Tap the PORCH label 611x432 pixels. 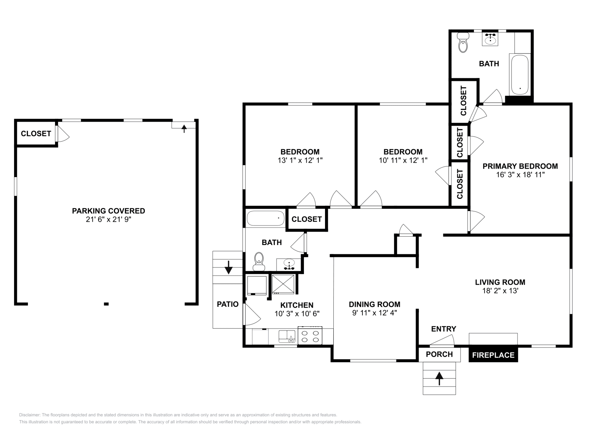tap(439, 354)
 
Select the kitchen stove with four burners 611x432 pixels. tap(310, 335)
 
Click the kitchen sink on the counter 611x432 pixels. tap(287, 336)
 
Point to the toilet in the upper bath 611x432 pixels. tap(463, 42)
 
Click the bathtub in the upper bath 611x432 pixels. tap(520, 75)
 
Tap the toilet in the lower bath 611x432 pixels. tap(259, 262)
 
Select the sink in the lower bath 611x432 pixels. tap(289, 264)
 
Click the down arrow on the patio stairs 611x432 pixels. tap(228, 268)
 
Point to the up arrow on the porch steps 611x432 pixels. tap(439, 379)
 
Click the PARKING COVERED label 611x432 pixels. tap(108, 211)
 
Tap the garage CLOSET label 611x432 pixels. tap(36, 134)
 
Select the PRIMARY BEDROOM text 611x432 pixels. tap(520, 166)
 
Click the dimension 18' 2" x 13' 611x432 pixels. tap(500, 290)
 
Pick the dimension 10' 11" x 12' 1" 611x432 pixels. tap(403, 160)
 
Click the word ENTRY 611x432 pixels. tap(443, 329)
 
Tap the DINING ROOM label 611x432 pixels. tap(375, 304)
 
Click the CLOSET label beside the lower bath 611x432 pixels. tap(307, 219)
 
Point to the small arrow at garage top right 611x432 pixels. tap(184, 129)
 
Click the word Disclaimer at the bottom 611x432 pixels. tap(30, 415)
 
